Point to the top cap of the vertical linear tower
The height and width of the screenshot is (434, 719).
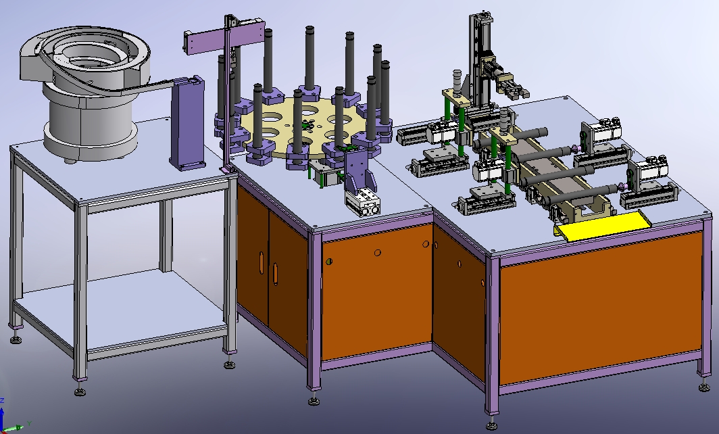483,16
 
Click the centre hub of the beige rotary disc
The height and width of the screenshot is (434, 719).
305,124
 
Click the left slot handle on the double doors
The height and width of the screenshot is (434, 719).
261,262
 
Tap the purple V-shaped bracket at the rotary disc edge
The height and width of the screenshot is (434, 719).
358,172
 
